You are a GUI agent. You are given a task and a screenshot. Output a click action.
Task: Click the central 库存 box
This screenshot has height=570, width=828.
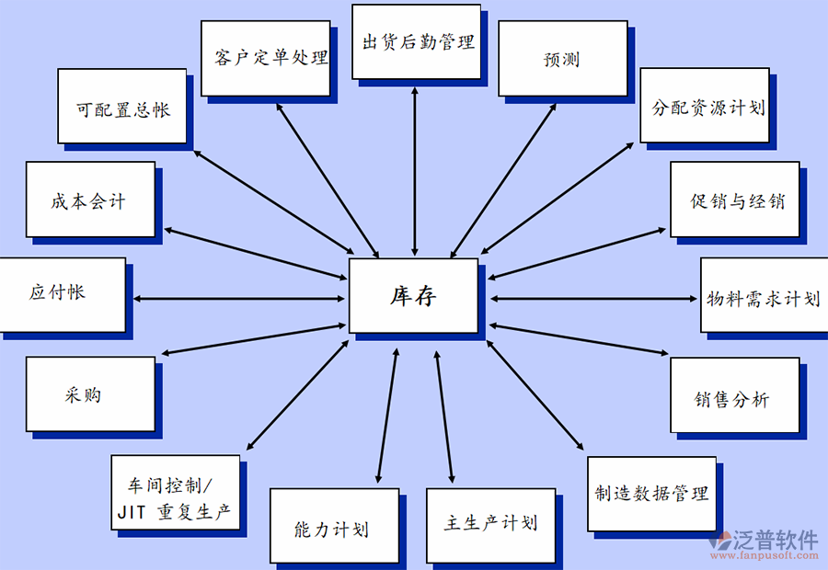pos(413,296)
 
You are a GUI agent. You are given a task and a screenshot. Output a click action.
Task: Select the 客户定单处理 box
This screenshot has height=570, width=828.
pos(265,58)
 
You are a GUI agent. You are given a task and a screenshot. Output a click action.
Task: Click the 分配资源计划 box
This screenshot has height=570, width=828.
pos(705,106)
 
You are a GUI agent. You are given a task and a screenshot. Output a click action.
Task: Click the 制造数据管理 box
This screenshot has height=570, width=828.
pos(651,494)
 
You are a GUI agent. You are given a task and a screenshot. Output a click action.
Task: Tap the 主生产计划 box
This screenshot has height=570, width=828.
pos(490,524)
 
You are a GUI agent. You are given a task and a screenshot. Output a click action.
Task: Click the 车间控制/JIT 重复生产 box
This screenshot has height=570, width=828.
pos(175,495)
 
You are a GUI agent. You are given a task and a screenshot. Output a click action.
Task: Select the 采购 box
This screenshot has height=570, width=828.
pos(89,395)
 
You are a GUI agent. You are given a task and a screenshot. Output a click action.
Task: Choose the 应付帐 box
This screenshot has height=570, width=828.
pos(62,295)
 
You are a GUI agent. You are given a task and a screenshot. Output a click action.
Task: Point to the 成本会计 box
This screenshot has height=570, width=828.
pos(89,199)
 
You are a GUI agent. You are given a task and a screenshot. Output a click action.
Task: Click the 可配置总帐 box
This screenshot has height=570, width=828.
pos(121,107)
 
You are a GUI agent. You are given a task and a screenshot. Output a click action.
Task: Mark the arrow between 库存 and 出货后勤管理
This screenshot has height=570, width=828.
pos(416,170)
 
